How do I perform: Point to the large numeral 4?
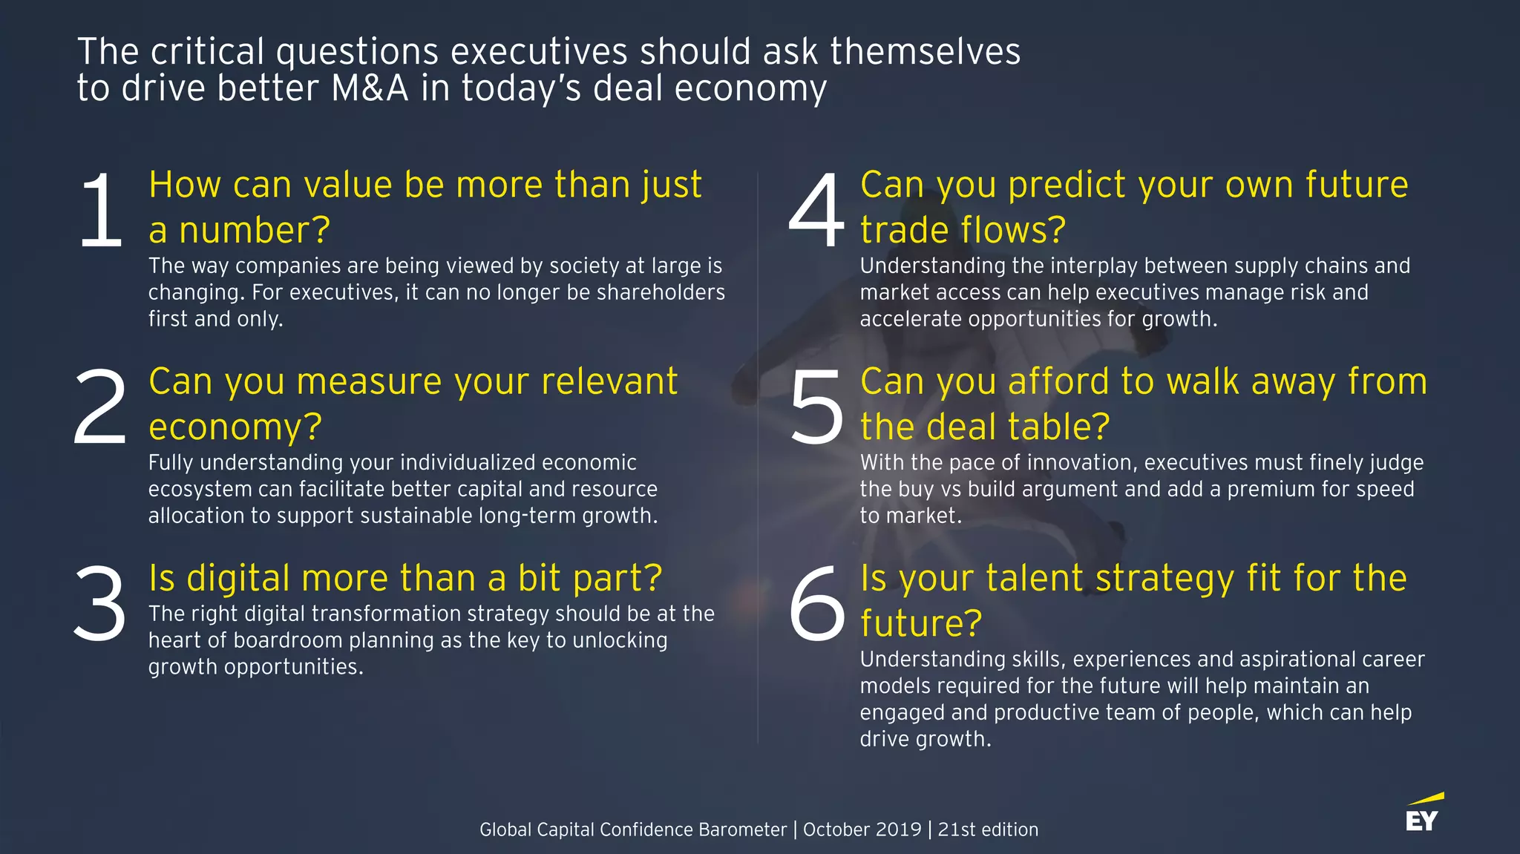[x=816, y=211]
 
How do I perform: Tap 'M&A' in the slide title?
[x=370, y=88]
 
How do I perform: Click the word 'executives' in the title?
[x=539, y=52]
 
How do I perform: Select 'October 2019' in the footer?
[x=862, y=830]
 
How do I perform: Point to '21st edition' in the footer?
[x=988, y=830]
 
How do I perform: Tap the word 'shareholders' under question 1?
[x=661, y=292]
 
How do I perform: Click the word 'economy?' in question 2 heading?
[x=235, y=427]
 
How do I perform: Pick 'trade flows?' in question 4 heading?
[x=963, y=230]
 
